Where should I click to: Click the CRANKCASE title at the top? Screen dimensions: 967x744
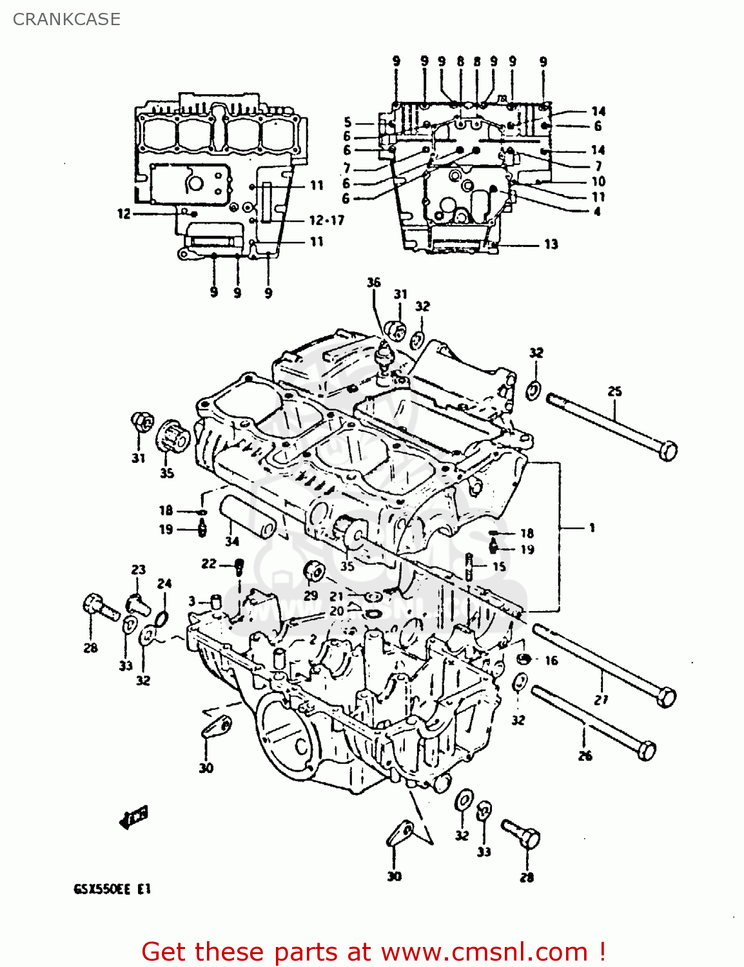(x=66, y=19)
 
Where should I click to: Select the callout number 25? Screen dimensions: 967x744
(x=614, y=391)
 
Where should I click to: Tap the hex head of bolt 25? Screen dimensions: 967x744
(x=669, y=450)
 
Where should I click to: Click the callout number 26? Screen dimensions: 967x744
(x=585, y=756)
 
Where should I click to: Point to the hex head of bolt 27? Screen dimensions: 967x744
(x=667, y=697)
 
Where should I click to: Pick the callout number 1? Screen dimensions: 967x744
(x=592, y=528)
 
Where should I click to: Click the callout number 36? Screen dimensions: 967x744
(x=374, y=282)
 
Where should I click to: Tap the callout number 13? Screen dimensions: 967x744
(x=551, y=244)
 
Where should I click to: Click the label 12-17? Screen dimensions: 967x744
(x=327, y=220)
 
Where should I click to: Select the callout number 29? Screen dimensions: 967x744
(x=311, y=595)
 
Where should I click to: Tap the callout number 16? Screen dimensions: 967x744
(x=551, y=661)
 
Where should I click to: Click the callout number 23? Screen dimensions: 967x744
(x=139, y=570)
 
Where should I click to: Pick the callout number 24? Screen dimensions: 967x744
(x=164, y=583)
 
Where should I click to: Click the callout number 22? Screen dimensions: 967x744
(x=208, y=564)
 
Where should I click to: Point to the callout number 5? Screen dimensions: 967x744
(x=348, y=122)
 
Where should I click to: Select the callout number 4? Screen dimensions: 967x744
(x=597, y=211)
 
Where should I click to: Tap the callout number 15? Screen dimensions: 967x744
(x=499, y=567)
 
